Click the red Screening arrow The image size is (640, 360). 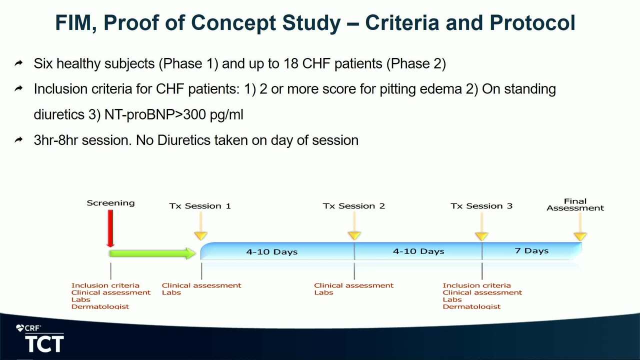click(110, 228)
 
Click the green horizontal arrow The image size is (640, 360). click(152, 253)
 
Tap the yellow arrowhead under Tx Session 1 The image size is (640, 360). click(200, 236)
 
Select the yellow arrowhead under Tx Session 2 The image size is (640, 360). click(354, 235)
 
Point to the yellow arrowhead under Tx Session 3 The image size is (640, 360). click(481, 236)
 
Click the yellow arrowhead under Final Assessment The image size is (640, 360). click(580, 236)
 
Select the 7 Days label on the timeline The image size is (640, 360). click(531, 251)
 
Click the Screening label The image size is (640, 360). click(110, 203)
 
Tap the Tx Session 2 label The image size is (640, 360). click(354, 206)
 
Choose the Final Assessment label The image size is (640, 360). click(575, 205)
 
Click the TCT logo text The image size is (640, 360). click(44, 344)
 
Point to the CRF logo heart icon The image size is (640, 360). click(20, 328)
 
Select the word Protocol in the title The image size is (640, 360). click(532, 23)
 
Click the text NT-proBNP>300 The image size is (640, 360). click(155, 114)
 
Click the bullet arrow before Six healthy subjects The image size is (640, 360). click(19, 63)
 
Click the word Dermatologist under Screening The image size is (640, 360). click(100, 306)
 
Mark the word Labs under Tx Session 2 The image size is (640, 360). click(323, 292)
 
